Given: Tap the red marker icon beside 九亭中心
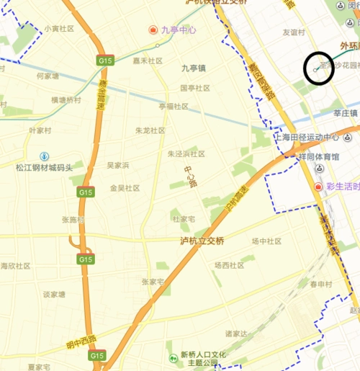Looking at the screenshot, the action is point(153,30).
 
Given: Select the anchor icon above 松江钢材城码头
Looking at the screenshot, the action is point(44,156).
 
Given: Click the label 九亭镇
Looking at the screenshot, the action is point(193,68).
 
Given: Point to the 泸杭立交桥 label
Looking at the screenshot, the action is point(202,241).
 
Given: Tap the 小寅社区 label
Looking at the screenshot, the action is point(59,29).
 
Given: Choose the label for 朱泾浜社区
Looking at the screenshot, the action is point(186,153).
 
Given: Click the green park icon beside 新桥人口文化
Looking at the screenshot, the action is point(171,358).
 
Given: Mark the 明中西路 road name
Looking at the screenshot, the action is point(81,341).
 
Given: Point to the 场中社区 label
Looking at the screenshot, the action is point(266,241).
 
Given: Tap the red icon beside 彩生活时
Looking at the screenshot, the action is point(318,187).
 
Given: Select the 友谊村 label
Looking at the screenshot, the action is point(294,32).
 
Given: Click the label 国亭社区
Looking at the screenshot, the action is point(194,88).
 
